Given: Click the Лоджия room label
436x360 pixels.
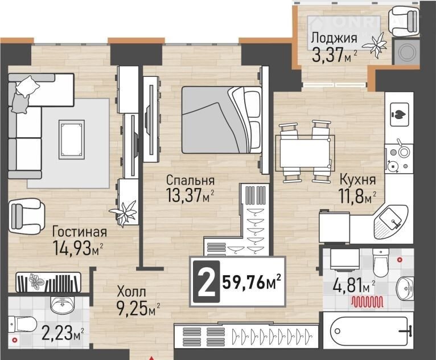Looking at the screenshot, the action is (334, 38).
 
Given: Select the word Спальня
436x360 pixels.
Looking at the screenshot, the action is (190, 180).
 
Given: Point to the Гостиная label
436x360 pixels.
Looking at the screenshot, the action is (80, 231).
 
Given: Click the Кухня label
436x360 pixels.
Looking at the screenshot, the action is (358, 179).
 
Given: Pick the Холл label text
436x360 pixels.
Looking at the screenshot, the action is (131, 292).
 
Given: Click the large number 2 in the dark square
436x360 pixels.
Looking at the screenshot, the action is (206, 282).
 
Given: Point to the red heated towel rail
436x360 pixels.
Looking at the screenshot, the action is (367, 301).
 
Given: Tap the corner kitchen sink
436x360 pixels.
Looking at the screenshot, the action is (390, 222).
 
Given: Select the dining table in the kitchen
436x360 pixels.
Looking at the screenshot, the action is (305, 153).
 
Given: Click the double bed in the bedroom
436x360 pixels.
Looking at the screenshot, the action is (222, 120).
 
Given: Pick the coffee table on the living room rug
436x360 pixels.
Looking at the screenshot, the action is (72, 140).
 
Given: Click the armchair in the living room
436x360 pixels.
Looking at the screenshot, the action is (26, 216).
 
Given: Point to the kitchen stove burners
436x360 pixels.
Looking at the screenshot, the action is (398, 158).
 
